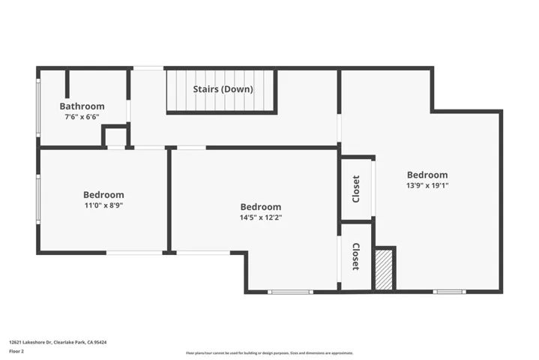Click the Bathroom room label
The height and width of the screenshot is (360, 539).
82,106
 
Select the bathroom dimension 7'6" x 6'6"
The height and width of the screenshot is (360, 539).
82,117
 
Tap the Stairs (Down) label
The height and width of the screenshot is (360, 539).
223,89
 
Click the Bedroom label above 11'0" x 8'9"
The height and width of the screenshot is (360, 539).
103,195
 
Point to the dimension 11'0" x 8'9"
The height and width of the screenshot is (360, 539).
103,205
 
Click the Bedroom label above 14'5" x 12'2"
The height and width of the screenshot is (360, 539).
261,207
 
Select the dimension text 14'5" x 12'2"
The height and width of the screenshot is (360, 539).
261,217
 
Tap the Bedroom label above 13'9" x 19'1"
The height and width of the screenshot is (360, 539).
427,175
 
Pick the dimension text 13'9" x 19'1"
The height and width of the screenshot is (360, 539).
427,185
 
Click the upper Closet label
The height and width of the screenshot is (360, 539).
356,189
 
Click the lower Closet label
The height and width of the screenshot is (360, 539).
356,256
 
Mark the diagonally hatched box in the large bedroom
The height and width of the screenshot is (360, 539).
384,268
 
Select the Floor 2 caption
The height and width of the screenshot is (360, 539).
16,350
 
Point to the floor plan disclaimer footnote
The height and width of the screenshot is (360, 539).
269,352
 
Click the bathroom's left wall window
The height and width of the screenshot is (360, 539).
38,106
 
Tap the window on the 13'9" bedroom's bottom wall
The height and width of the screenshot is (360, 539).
449,291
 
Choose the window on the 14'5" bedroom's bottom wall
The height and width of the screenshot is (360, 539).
291,291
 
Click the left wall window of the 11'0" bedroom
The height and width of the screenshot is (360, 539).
38,199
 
